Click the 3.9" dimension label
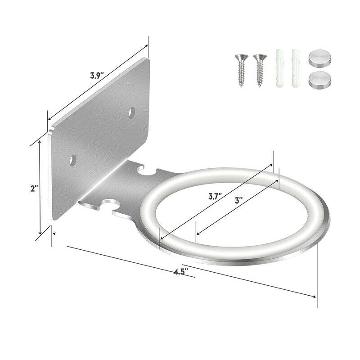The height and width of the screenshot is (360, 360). coord(97,76)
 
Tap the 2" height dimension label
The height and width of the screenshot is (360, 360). coord(33,189)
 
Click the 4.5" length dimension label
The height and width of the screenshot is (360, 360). coord(181,271)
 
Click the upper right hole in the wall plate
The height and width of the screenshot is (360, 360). coord(132,112)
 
